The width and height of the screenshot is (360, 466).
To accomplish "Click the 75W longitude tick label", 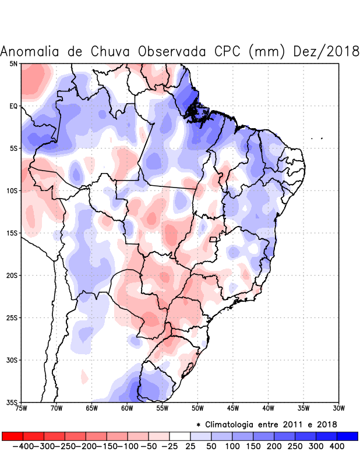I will (x=21, y=408).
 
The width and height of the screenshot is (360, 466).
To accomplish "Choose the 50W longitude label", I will (x=197, y=408).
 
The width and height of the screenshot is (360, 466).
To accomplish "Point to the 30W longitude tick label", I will (x=339, y=408).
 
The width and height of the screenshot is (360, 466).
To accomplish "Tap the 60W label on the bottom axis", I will (x=127, y=408).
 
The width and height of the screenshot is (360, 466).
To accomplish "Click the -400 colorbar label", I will (x=23, y=446).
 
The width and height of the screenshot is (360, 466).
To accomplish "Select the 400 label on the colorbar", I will (x=337, y=446).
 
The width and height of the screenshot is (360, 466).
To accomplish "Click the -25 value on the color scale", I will (x=170, y=446).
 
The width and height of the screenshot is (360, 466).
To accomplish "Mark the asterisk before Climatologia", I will (x=198, y=425).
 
